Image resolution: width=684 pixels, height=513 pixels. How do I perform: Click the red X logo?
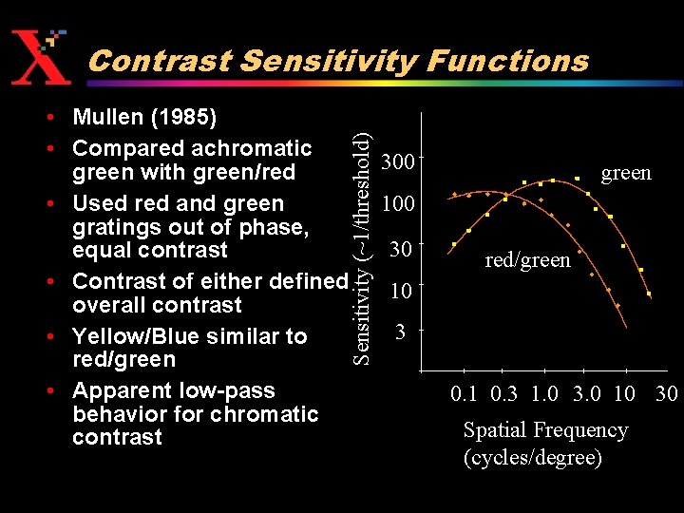39,56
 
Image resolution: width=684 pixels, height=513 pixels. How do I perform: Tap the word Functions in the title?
507,61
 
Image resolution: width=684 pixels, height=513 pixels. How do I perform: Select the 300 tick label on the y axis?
397,162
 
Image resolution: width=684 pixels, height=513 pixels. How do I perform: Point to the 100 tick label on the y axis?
397,204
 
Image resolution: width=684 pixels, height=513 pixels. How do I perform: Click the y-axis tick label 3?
402,332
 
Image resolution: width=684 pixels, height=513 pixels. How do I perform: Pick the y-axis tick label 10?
401,290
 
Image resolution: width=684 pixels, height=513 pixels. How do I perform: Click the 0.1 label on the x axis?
465,393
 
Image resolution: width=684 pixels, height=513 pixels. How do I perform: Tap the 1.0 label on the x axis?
544,393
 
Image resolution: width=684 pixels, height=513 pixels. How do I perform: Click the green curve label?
626,173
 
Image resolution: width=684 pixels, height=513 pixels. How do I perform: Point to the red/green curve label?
527,259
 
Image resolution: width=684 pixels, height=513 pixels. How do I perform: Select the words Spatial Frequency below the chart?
545,430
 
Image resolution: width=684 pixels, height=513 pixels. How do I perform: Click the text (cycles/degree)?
532,457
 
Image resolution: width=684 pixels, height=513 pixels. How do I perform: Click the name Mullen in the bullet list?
107,118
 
